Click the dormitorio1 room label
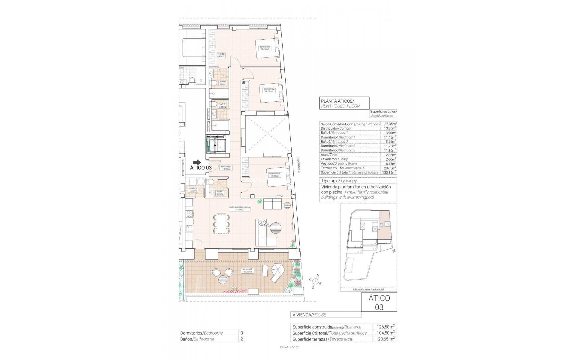[x=265, y=48]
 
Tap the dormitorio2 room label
[x=269, y=90]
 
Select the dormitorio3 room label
[x=274, y=175]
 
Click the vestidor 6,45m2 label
[x=221, y=55]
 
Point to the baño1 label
[x=223, y=83]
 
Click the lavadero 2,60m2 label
[x=193, y=189]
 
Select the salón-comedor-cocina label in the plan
[x=239, y=208]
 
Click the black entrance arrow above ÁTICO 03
[x=197, y=162]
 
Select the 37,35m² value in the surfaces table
[x=390, y=124]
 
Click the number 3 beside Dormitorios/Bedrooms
[x=241, y=333]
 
